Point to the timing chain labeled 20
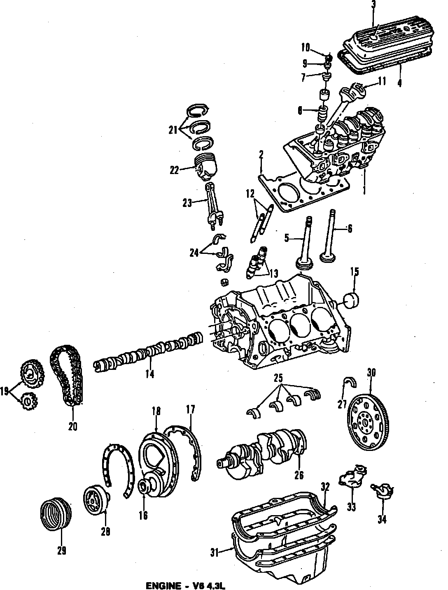coord(67,375)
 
